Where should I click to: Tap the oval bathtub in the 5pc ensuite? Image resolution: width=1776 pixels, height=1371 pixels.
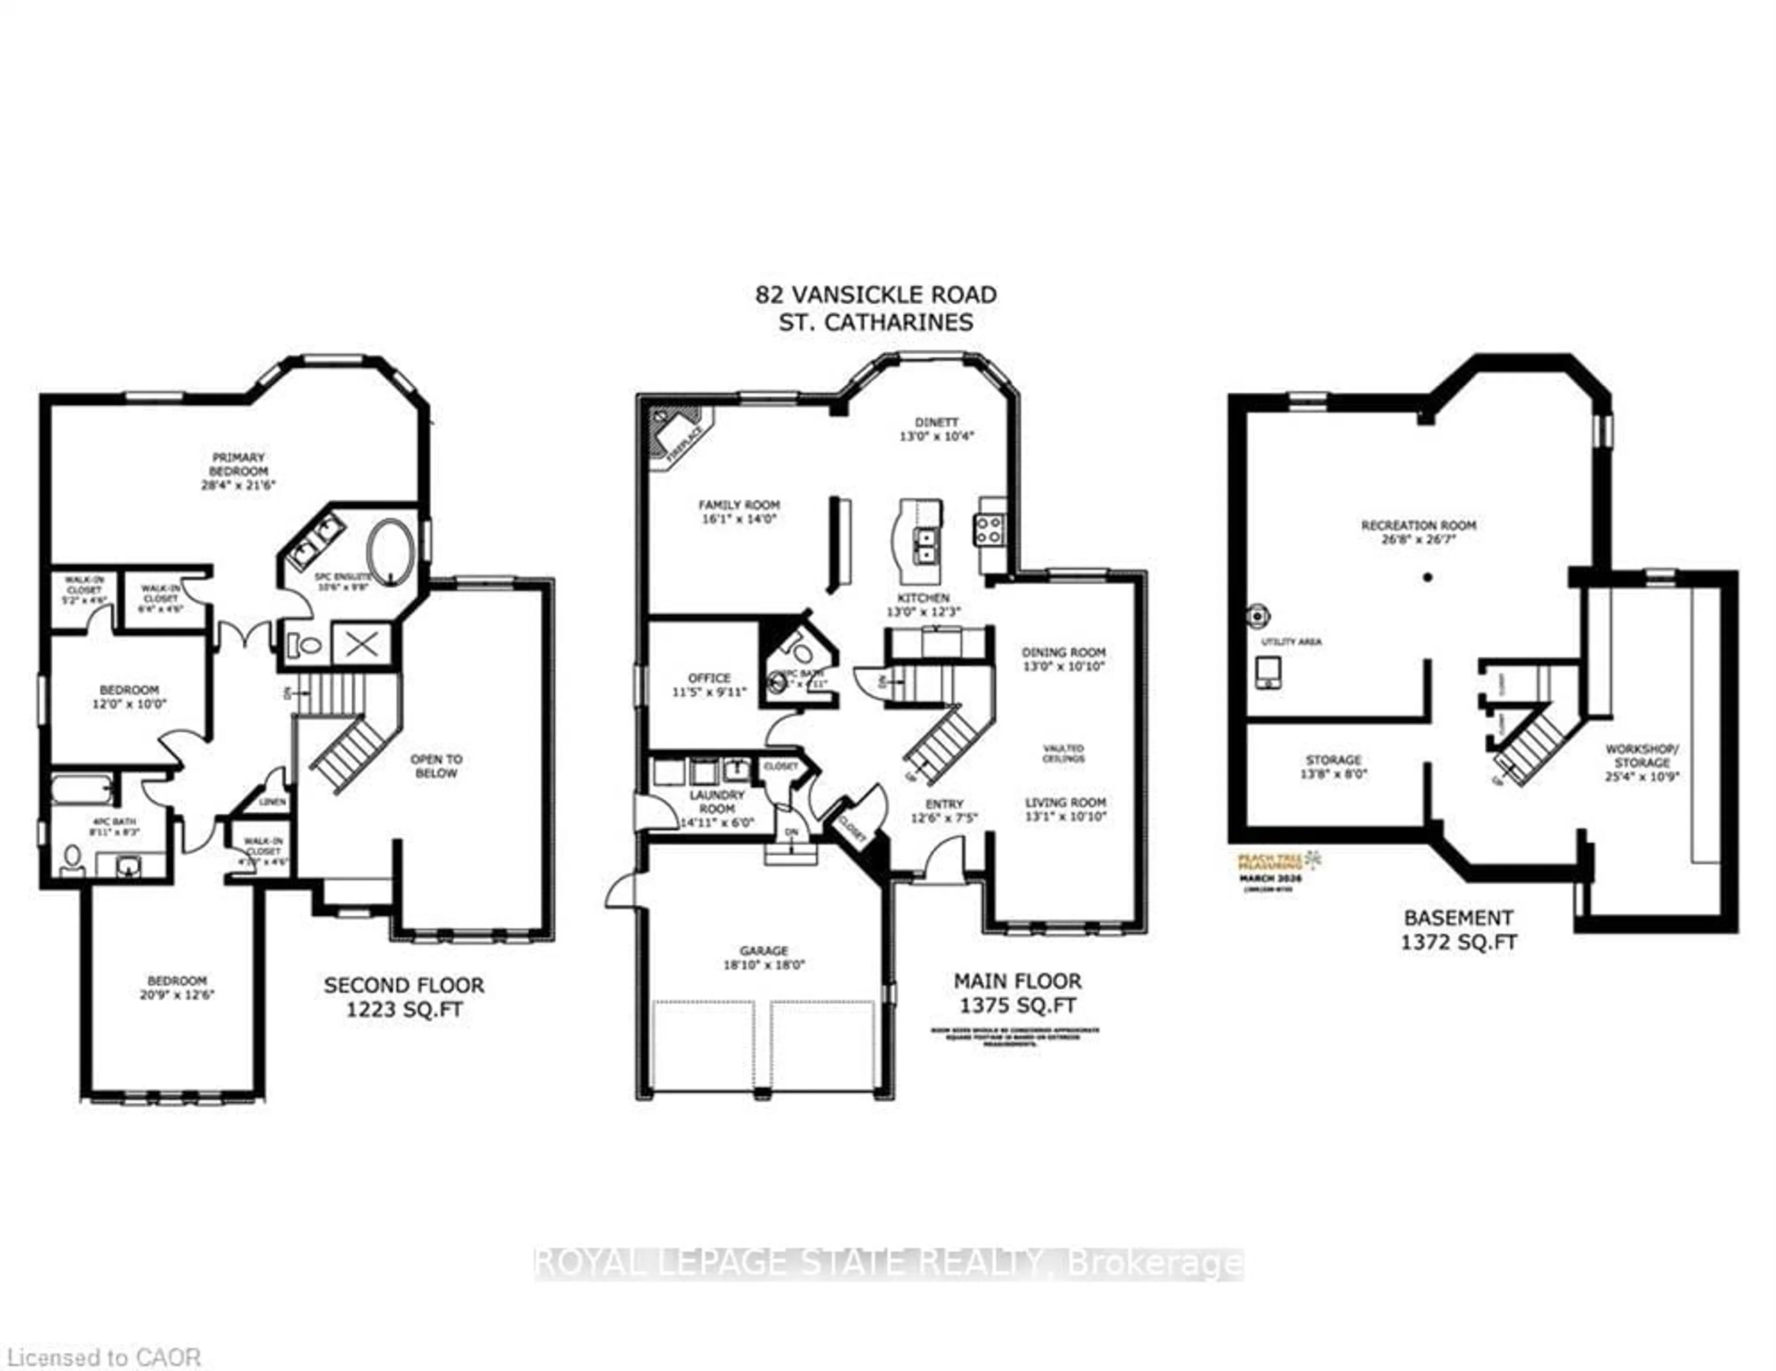point(391,550)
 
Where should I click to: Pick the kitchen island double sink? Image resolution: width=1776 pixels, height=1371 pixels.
point(925,545)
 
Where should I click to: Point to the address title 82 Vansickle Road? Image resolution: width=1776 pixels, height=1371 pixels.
point(876,294)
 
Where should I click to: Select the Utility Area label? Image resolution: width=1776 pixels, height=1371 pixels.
point(1291,642)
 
